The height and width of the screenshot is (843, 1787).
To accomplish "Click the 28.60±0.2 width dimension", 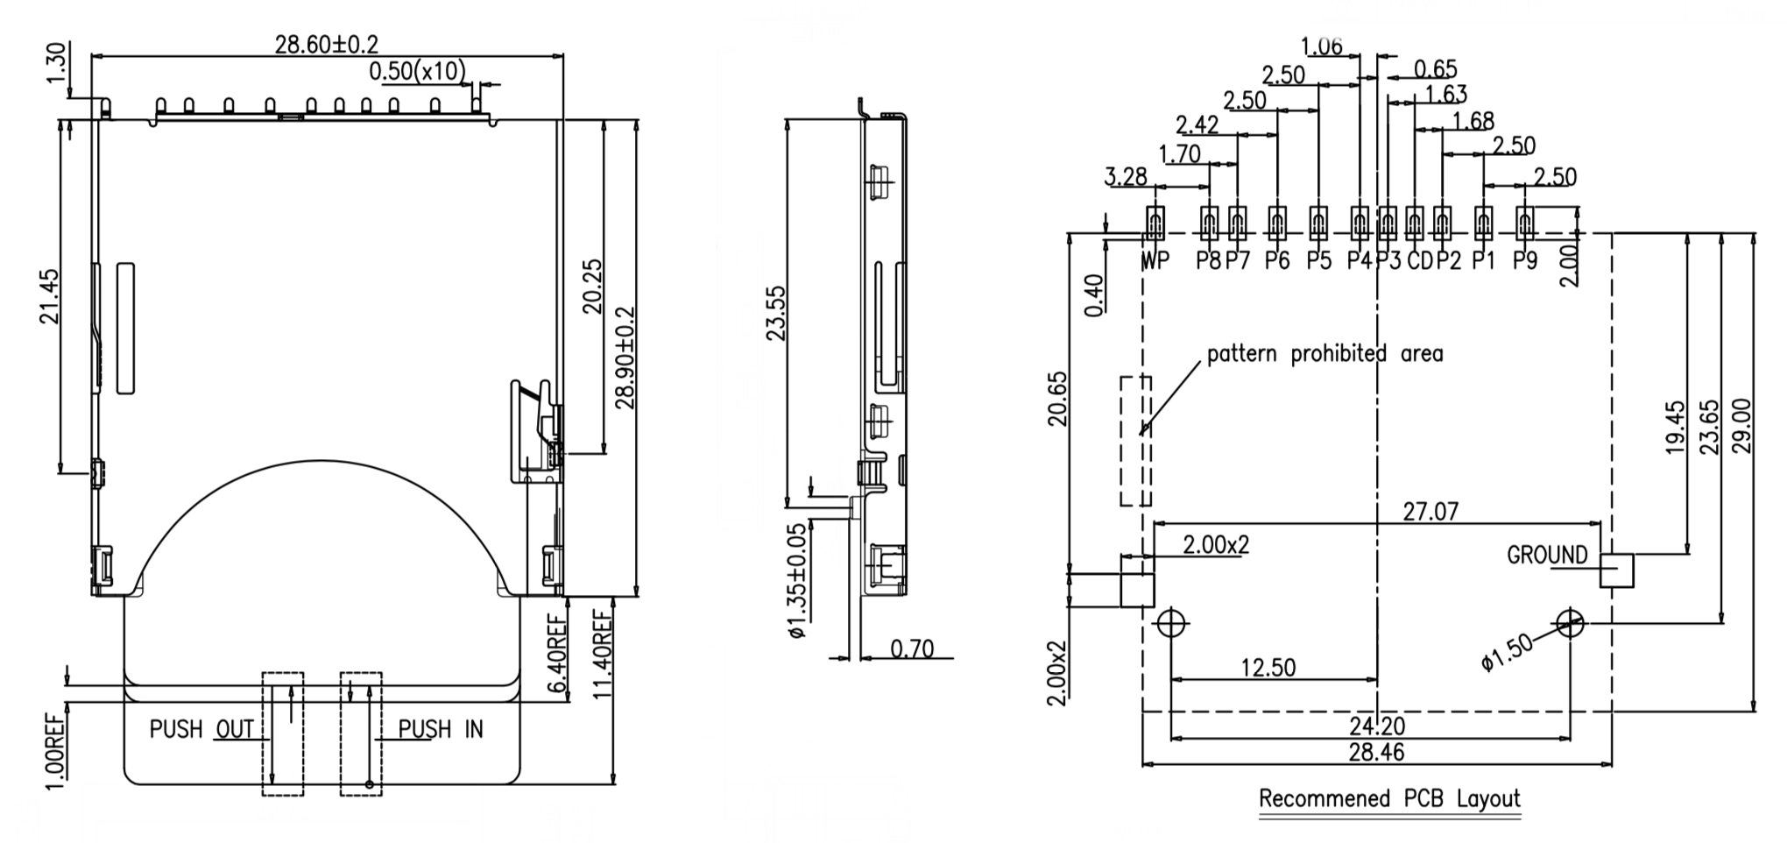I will [x=327, y=44].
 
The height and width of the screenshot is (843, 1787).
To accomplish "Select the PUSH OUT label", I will [x=201, y=729].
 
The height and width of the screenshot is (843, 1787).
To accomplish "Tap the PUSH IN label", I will [x=441, y=729].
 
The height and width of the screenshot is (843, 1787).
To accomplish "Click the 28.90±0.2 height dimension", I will [x=625, y=358].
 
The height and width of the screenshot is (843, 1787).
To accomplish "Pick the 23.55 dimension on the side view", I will [x=776, y=312].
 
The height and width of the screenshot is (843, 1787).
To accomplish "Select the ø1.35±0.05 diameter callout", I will [x=797, y=581].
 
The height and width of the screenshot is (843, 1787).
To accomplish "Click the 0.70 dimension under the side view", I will [x=912, y=649].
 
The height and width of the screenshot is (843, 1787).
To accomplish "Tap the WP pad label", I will [x=1155, y=260].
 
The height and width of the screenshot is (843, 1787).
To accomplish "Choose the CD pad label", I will [x=1419, y=260].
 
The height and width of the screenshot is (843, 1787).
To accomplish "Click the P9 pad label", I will [x=1525, y=260].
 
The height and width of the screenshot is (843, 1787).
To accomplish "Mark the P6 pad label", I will [x=1277, y=260].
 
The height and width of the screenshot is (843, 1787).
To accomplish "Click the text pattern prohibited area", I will [x=1324, y=354].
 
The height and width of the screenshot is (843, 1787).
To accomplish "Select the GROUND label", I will [x=1547, y=555].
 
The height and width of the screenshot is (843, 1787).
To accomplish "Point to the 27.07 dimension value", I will [x=1430, y=511].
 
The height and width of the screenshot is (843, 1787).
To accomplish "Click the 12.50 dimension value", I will [x=1268, y=668].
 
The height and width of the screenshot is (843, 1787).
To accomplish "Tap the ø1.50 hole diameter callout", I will [x=1508, y=653].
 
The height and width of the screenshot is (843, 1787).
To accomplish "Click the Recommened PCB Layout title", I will [x=1389, y=799].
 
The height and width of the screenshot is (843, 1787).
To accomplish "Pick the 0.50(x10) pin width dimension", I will [x=417, y=71].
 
